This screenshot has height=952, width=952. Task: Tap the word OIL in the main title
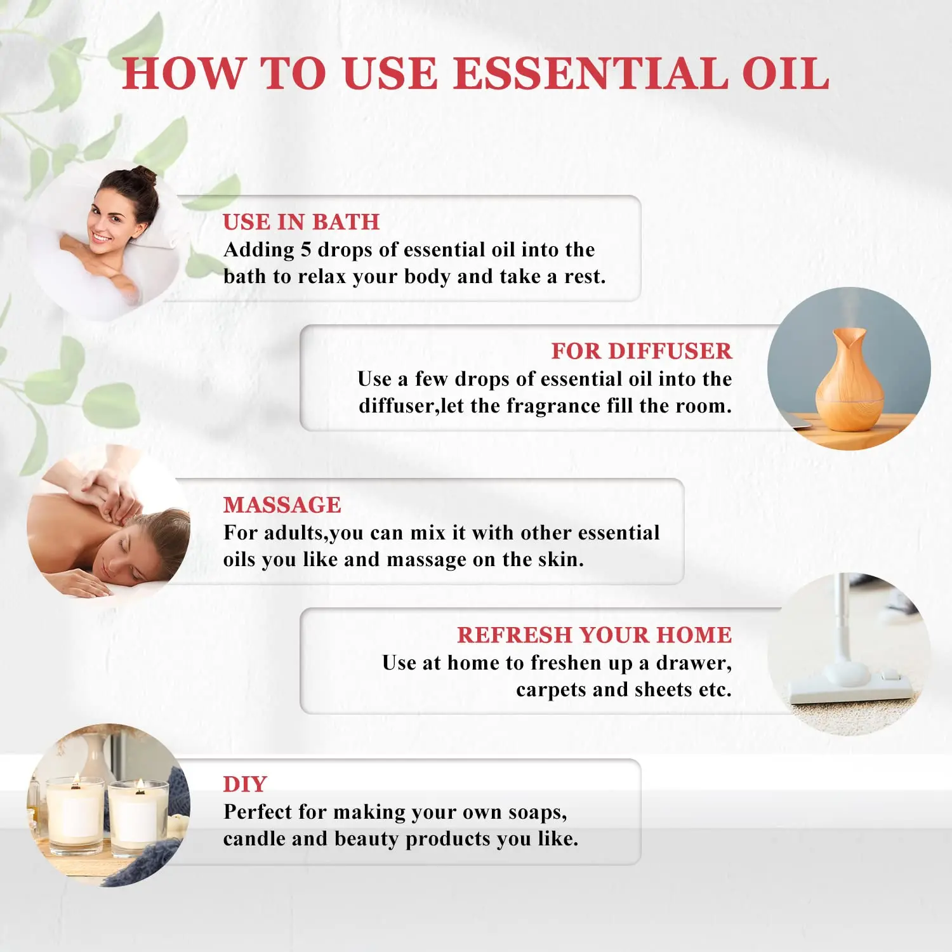click(785, 74)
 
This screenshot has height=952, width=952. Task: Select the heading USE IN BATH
click(301, 222)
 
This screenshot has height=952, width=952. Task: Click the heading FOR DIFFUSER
click(641, 351)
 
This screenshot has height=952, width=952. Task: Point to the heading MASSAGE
click(282, 505)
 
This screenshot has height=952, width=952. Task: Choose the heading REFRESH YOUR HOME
click(594, 635)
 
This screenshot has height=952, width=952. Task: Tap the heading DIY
click(245, 784)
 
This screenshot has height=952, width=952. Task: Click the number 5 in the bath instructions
click(305, 249)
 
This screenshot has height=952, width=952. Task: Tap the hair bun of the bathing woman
click(143, 175)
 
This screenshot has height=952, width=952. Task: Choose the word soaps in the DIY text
click(538, 813)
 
